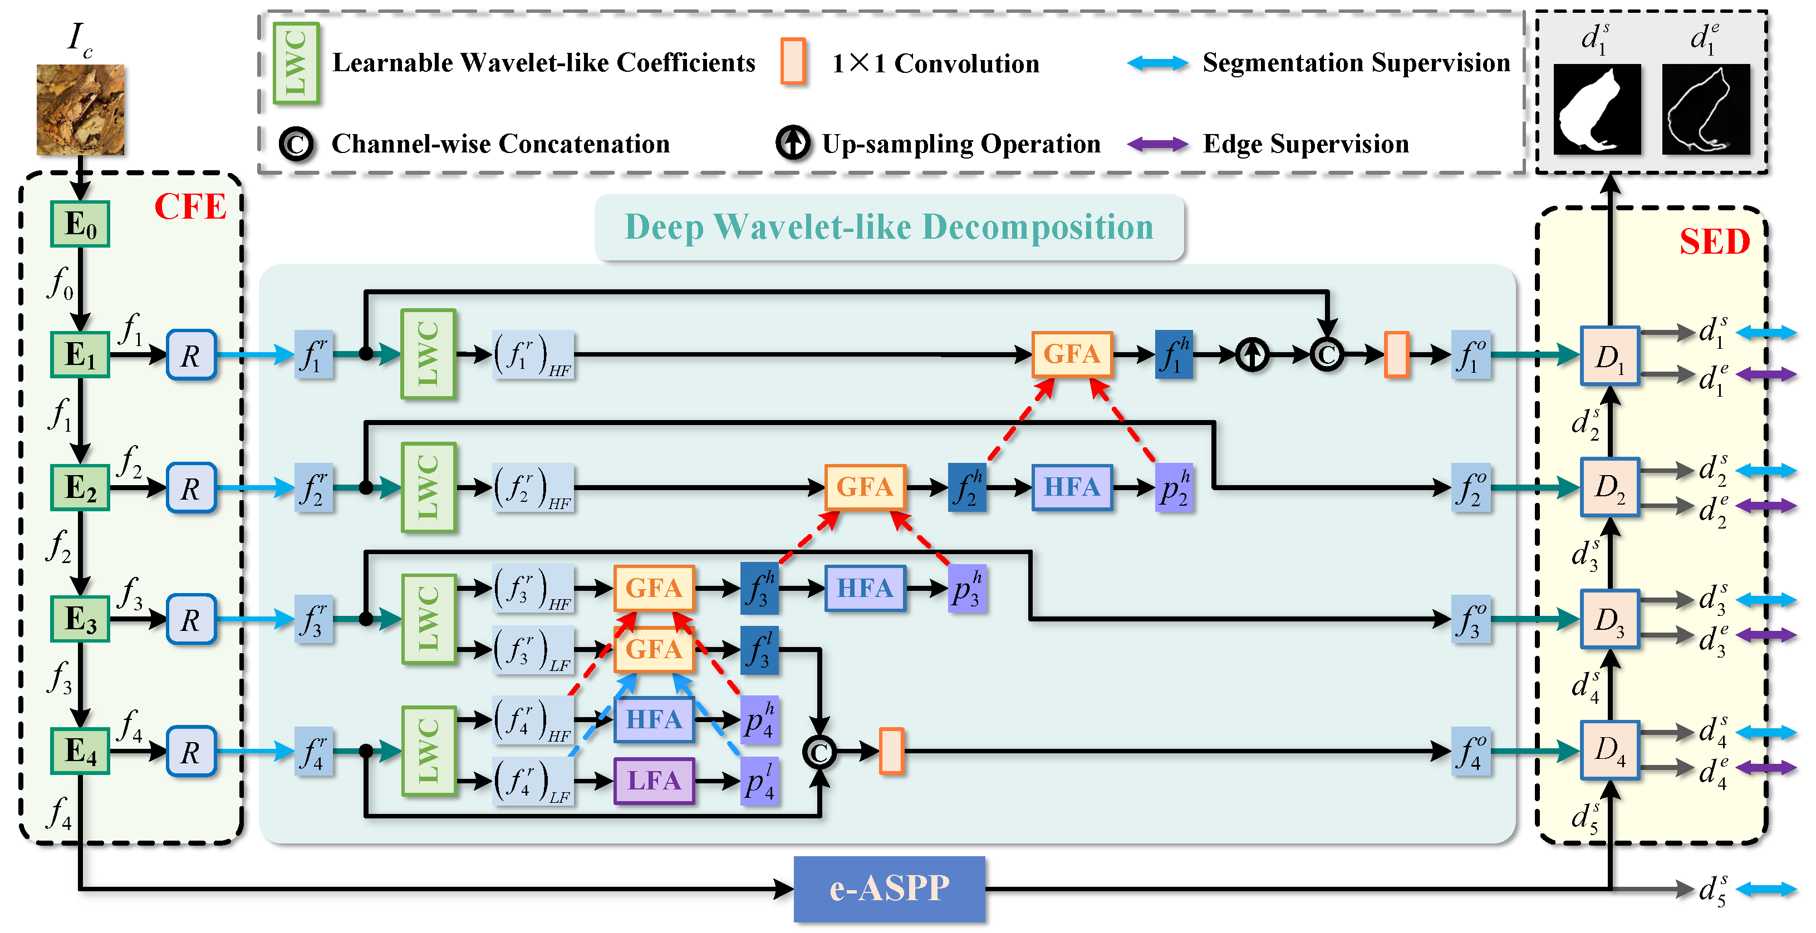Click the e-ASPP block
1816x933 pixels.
tap(889, 888)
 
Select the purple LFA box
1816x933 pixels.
tap(654, 780)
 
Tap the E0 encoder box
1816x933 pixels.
tap(80, 224)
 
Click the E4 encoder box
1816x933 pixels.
tap(80, 751)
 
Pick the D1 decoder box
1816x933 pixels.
tap(1609, 356)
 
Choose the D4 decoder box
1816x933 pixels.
tap(1609, 751)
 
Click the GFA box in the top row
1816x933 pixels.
tap(1072, 354)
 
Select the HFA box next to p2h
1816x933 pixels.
tap(1072, 487)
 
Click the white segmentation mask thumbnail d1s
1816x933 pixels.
tap(1597, 109)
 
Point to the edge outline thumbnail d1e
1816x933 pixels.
tap(1705, 109)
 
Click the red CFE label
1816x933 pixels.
tap(190, 207)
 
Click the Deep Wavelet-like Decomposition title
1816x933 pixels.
tap(889, 228)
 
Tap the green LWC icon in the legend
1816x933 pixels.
tap(296, 63)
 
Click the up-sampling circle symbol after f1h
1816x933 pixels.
tap(1252, 354)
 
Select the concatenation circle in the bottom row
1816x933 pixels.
tap(819, 752)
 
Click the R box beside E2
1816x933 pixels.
tap(190, 487)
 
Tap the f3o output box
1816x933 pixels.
tap(1471, 619)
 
